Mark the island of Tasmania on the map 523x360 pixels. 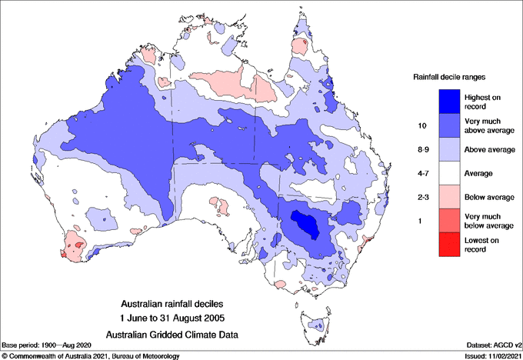(x=316, y=327)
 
